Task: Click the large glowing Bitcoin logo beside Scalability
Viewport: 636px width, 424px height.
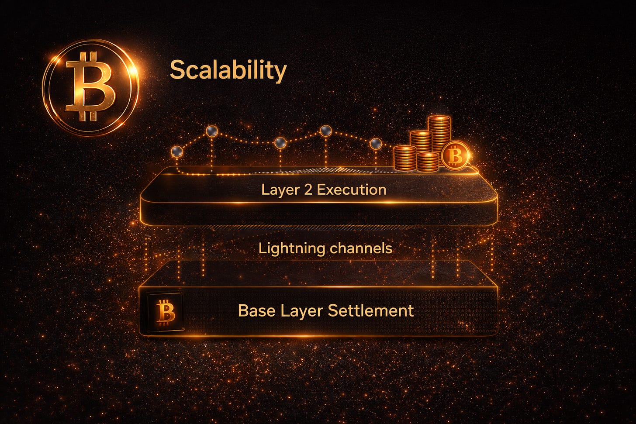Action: [90, 87]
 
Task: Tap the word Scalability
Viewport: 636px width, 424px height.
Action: [228, 70]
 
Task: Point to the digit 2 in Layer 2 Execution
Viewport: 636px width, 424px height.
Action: [308, 190]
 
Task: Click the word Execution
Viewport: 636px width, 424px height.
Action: [351, 190]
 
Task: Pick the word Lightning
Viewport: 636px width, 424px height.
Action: [291, 249]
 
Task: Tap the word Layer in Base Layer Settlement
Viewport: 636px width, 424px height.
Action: [301, 310]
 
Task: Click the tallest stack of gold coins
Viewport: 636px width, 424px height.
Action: [439, 134]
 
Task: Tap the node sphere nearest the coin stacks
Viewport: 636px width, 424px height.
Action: [376, 143]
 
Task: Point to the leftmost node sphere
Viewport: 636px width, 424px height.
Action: [177, 151]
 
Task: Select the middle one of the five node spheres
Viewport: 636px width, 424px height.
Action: [280, 142]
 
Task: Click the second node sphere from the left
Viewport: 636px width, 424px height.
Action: [212, 131]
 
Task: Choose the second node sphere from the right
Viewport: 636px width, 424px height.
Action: [326, 130]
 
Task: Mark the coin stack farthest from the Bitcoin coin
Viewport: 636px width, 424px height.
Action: [404, 158]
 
